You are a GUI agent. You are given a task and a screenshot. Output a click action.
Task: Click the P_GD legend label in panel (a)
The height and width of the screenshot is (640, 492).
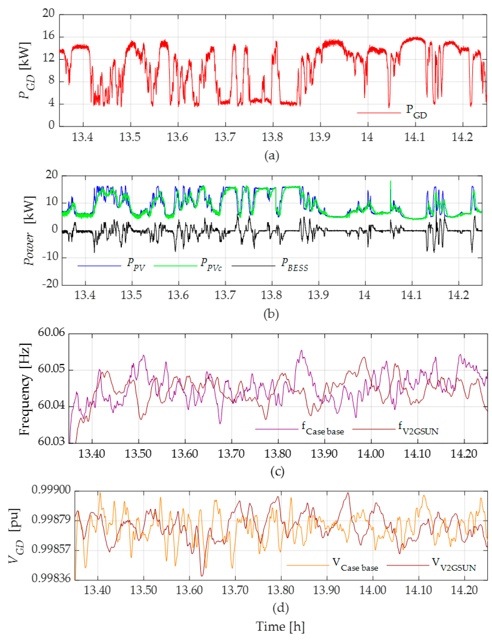pyautogui.click(x=416, y=112)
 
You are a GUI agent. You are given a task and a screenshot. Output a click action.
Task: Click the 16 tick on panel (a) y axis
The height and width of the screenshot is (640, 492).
pyautogui.click(x=49, y=36)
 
